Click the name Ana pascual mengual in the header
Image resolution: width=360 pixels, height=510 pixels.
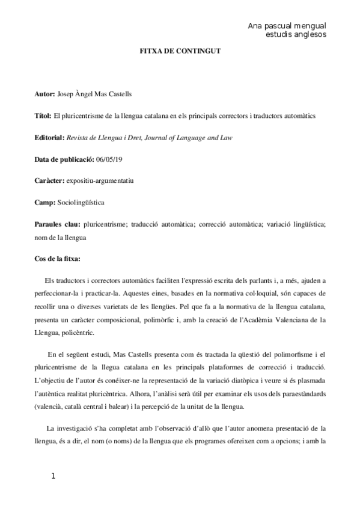pyautogui.click(x=287, y=26)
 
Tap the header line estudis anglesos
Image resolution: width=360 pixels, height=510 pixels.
pyautogui.click(x=296, y=35)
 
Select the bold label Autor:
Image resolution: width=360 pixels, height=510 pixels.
pyautogui.click(x=45, y=94)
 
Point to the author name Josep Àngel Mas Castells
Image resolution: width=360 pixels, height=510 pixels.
pyautogui.click(x=97, y=94)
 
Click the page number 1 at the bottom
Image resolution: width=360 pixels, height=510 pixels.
pyautogui.click(x=53, y=476)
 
